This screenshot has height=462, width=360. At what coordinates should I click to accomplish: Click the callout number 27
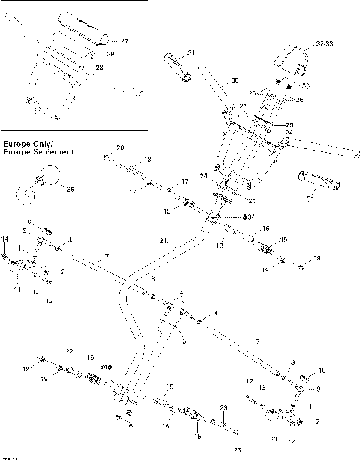124,40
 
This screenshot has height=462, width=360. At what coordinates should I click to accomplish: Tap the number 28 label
99,67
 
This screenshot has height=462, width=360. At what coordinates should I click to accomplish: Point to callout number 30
235,80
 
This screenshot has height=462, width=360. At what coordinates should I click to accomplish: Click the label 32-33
324,44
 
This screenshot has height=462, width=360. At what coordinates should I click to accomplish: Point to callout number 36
70,190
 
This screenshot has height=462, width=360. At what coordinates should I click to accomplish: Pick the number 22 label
69,351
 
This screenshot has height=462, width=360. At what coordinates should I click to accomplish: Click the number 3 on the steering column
153,278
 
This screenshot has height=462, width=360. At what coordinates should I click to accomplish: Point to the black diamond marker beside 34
111,366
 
